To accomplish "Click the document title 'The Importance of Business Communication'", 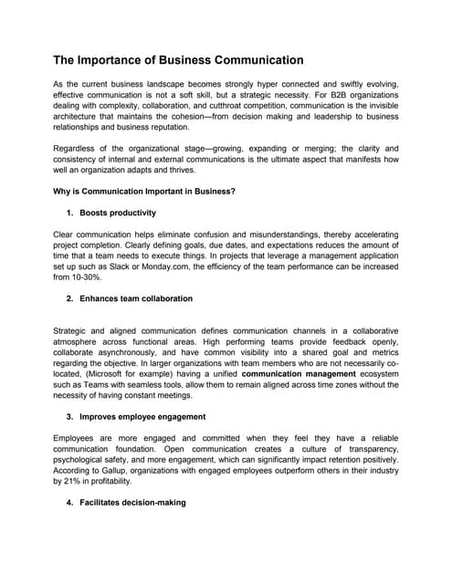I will click(x=178, y=60).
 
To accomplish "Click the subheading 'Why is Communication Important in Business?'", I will click(x=144, y=191).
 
